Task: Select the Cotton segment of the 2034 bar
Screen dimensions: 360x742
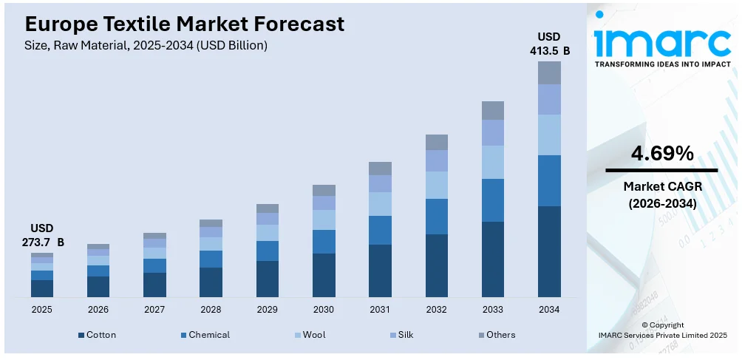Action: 549,251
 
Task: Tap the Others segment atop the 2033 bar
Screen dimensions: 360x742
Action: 493,110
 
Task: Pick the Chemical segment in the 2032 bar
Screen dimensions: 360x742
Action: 437,216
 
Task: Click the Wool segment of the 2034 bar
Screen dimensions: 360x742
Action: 549,135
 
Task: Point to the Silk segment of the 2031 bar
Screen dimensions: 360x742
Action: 380,183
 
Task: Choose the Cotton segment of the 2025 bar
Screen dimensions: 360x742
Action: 42,288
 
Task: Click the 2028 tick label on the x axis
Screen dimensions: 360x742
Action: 211,309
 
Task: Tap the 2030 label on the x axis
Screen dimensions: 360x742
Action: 324,309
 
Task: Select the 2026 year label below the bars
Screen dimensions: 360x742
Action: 98,309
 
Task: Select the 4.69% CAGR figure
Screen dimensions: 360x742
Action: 662,154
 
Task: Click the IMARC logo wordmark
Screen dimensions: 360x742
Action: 662,41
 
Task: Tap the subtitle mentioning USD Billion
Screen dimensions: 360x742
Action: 140,45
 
